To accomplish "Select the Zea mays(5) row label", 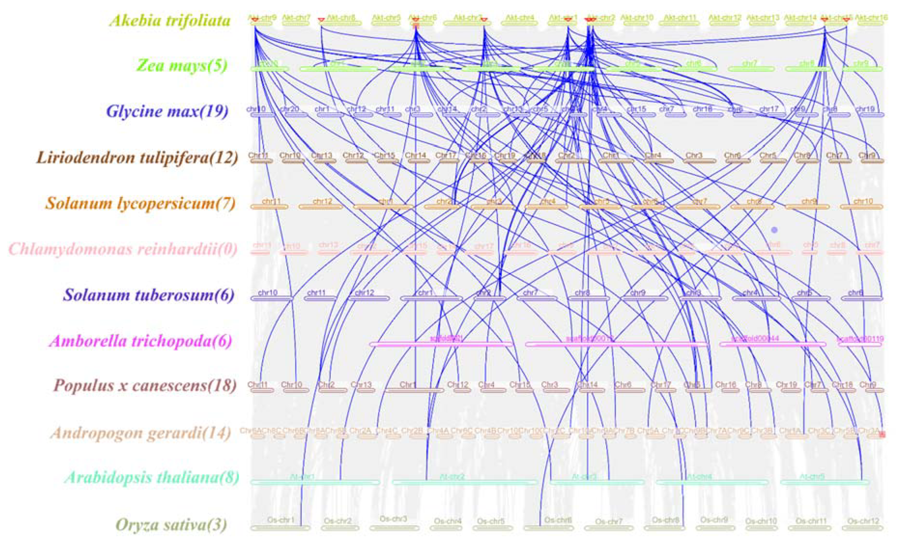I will point(182,66).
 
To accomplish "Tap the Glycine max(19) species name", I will point(167,112).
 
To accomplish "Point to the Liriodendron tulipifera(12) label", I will point(137,158).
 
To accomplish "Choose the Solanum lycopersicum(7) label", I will point(140,203).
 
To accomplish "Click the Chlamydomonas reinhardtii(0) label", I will point(123,249).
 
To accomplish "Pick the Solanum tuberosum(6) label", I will point(148,295).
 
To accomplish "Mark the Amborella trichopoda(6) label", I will point(141,341).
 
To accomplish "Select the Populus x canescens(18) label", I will point(145,386).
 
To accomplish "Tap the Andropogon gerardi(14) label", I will point(141,433).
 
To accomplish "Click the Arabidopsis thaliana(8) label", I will point(152,478).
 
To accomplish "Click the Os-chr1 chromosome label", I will point(280,520).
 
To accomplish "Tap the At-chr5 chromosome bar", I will point(825,482).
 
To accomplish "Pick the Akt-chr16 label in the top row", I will point(871,17).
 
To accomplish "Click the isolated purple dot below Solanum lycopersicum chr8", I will point(774,230).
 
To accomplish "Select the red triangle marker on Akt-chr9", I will point(255,20).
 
